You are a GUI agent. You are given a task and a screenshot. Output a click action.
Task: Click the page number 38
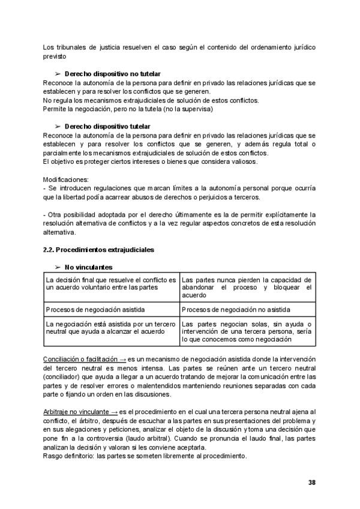[311, 482]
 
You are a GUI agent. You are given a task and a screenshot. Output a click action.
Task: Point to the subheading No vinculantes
[89, 267]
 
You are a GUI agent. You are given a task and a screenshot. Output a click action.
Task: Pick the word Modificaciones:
[65, 179]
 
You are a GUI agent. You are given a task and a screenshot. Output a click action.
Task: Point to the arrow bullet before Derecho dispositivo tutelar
[58, 127]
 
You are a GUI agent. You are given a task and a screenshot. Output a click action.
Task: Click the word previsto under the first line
[55, 56]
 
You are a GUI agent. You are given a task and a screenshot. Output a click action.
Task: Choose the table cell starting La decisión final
[111, 283]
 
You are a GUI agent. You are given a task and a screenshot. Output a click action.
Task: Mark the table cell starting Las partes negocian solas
[246, 331]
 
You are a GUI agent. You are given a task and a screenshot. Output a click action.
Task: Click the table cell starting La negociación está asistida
[111, 327]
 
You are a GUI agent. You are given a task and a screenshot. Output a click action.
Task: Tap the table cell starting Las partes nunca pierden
[246, 288]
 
